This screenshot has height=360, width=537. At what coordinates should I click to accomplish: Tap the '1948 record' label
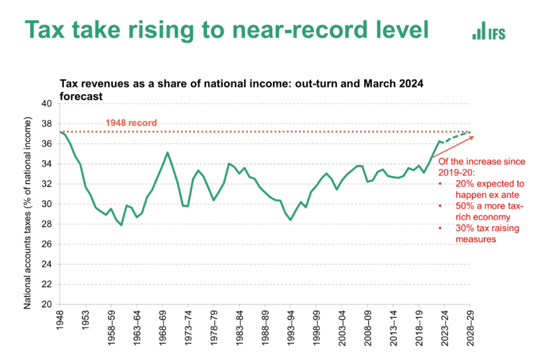point(131,123)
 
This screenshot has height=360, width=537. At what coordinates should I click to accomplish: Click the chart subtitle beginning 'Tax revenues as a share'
point(241,88)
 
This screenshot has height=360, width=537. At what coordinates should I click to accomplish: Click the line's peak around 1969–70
point(167,152)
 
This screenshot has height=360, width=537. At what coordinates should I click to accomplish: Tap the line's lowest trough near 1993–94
point(290,219)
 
